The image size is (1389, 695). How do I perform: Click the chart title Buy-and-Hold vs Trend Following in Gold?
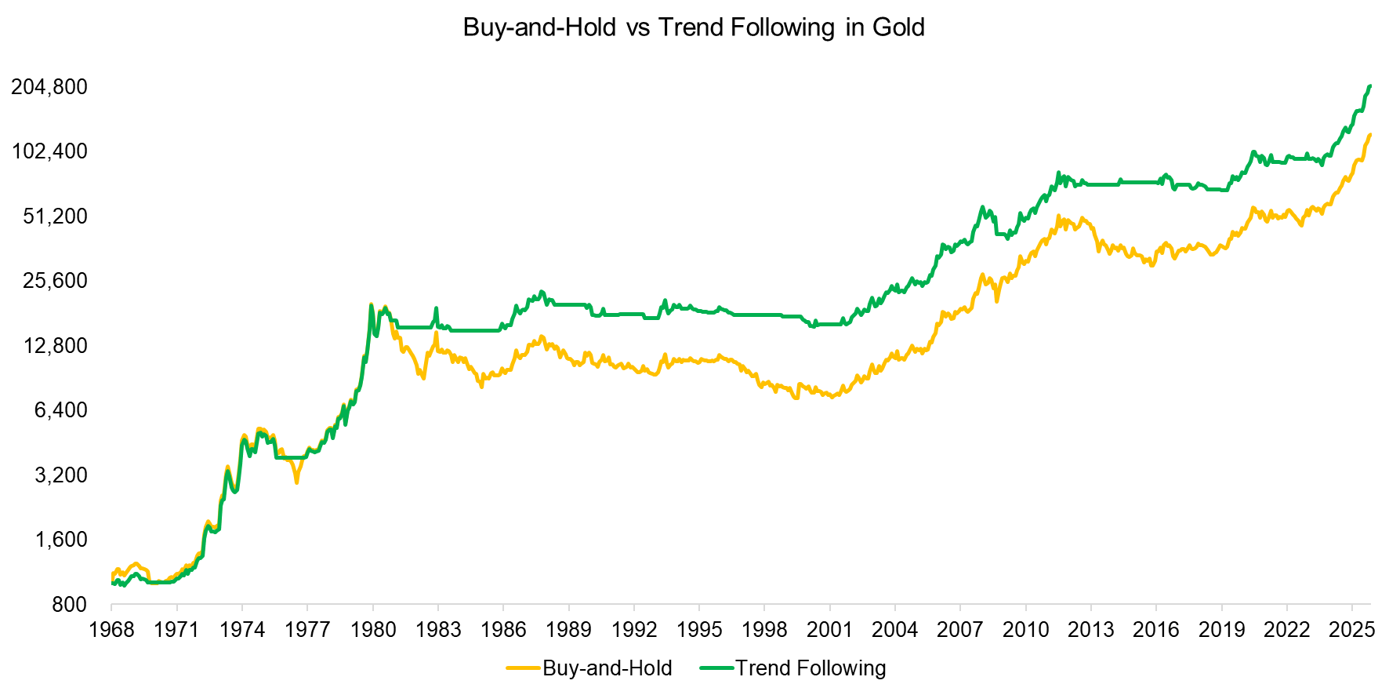tap(694, 27)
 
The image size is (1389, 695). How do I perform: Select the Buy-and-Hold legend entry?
tap(589, 668)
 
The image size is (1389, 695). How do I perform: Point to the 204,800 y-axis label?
tap(49, 86)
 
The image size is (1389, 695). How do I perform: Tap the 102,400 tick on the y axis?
tap(49, 151)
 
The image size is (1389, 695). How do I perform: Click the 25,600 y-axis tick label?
tap(55, 281)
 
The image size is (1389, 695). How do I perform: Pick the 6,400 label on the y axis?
tap(60, 410)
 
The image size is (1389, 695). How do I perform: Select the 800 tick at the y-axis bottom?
tap(70, 605)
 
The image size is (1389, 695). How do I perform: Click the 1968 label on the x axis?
tap(111, 630)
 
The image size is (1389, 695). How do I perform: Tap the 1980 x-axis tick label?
tap(373, 630)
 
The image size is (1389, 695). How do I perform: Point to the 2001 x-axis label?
tap(829, 630)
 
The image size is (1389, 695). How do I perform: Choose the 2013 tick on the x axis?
tap(1090, 630)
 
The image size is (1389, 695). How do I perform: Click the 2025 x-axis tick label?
tap(1351, 630)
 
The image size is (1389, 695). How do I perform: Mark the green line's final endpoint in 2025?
tap(1369, 86)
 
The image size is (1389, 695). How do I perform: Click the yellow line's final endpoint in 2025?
tap(1369, 135)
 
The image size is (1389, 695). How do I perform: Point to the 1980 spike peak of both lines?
tap(371, 305)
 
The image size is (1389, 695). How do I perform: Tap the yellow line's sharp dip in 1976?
tap(296, 482)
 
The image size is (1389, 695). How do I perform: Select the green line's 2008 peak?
tap(982, 208)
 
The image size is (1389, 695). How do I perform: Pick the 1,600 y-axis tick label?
tap(60, 540)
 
